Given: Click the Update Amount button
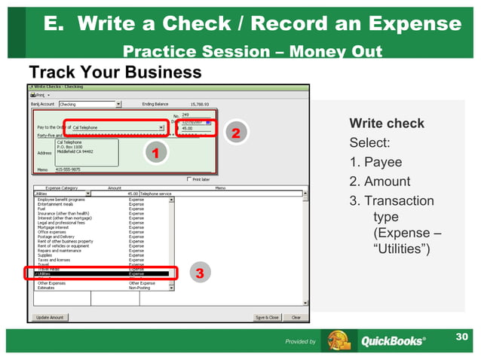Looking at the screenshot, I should (x=51, y=317).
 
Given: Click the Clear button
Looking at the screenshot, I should (x=296, y=317).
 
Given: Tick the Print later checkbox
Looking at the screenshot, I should (x=188, y=179).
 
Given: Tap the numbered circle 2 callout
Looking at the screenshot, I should (x=235, y=134).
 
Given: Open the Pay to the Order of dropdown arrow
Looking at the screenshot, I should (x=161, y=127).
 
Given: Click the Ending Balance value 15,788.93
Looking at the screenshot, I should (x=201, y=104).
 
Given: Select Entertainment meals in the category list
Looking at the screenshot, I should (x=63, y=204).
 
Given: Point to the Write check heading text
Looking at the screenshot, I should (x=387, y=124).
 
